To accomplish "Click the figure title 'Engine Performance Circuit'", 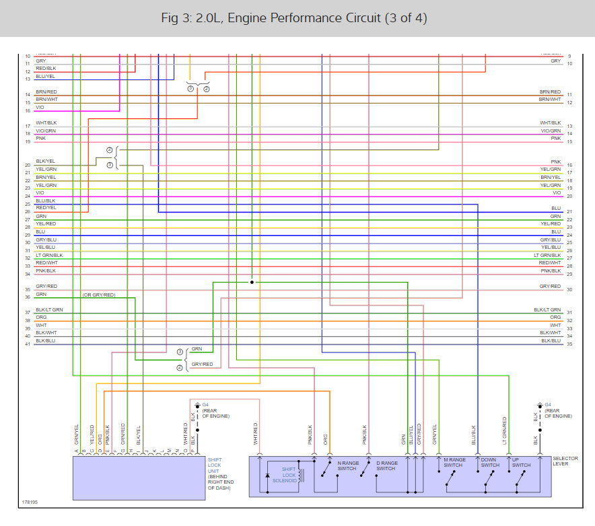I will point(297,17).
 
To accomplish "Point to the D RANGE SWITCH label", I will point(386,465).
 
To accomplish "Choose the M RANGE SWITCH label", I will point(453,462).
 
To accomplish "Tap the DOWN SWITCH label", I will point(490,462).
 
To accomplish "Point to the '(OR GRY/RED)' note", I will point(99,295).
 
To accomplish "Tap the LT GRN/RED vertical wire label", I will point(504,430).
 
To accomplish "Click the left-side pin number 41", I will point(28,344).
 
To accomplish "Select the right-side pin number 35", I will point(569,344).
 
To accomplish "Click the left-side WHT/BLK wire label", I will point(46,122).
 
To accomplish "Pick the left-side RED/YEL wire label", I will point(46,209).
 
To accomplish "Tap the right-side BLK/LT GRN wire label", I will point(547,309).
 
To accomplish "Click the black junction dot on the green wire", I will point(252,283).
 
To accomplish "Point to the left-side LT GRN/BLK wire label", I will point(49,256).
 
